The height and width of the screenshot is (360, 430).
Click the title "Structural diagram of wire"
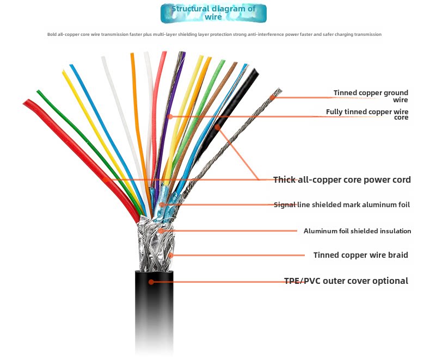click(x=213, y=13)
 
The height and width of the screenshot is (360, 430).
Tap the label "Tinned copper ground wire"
click(x=371, y=96)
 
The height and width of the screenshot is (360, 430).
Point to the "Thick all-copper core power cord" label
click(x=342, y=179)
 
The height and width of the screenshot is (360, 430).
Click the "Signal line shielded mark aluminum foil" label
click(x=342, y=205)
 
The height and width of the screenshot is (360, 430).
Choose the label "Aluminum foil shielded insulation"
click(x=357, y=231)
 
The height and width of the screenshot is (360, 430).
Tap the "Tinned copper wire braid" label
click(x=360, y=255)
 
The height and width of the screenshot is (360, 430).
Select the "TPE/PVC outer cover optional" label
click(x=346, y=281)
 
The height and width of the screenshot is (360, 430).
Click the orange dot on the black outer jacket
click(x=151, y=282)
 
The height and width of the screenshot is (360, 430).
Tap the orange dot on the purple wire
click(x=170, y=116)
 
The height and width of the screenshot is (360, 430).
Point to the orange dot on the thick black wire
click(x=217, y=127)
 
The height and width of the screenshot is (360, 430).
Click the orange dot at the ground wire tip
click(x=274, y=97)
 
